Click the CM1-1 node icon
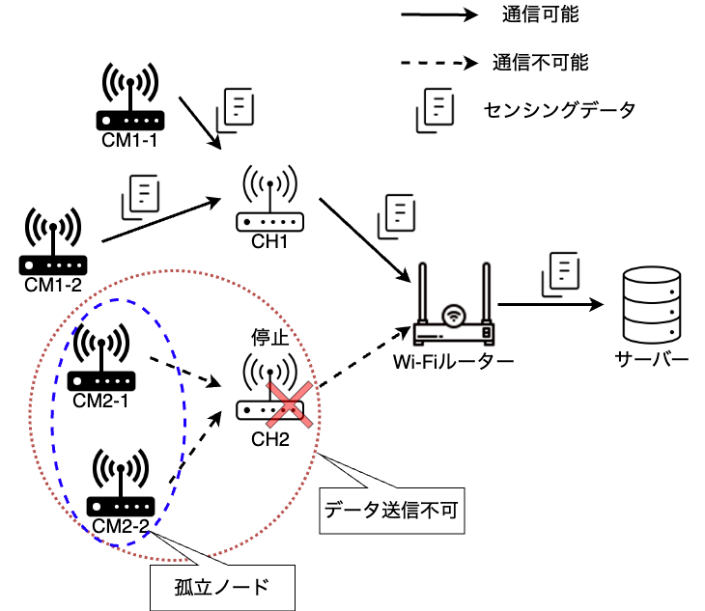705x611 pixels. pyautogui.click(x=130, y=97)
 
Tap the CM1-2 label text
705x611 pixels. pyautogui.click(x=53, y=285)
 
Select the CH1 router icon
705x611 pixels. pyautogui.click(x=269, y=198)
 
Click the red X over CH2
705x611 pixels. pyautogui.click(x=289, y=404)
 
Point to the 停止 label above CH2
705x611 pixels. pyautogui.click(x=269, y=337)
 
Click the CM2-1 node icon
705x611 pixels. pyautogui.click(x=101, y=357)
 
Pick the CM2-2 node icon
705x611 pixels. pyautogui.click(x=121, y=482)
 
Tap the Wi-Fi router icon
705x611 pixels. pyautogui.click(x=454, y=304)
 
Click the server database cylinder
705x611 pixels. pyautogui.click(x=652, y=305)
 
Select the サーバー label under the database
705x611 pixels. pyautogui.click(x=652, y=359)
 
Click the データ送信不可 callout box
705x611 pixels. pyautogui.click(x=392, y=511)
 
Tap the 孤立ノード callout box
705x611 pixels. pyautogui.click(x=222, y=588)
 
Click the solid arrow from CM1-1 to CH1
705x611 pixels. pyautogui.click(x=200, y=123)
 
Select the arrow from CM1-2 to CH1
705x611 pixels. pyautogui.click(x=161, y=220)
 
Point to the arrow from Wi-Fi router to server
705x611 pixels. pyautogui.click(x=550, y=305)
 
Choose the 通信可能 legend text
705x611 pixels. pyautogui.click(x=541, y=14)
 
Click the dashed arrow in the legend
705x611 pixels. pyautogui.click(x=439, y=63)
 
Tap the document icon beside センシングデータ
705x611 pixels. pyautogui.click(x=436, y=110)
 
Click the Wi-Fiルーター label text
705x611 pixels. pyautogui.click(x=453, y=362)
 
